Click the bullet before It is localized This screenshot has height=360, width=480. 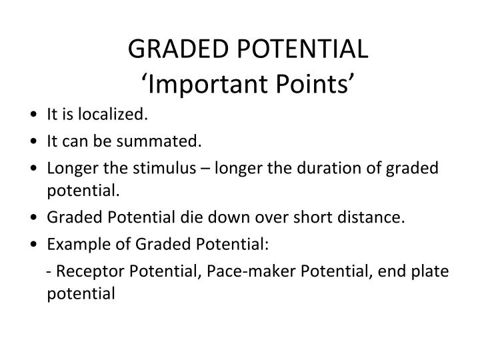(x=33, y=115)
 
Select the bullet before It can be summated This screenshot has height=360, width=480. (x=33, y=141)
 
